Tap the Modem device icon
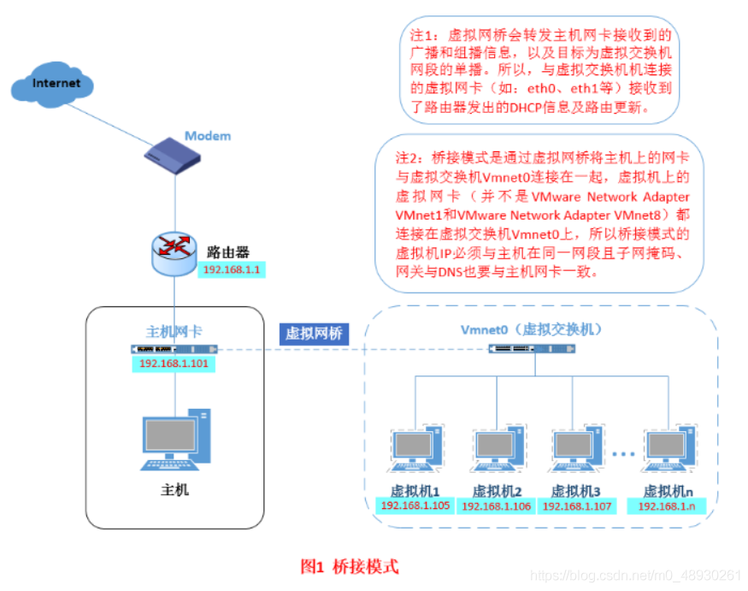click(174, 159)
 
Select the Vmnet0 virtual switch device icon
click(521, 349)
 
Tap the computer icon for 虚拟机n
click(669, 454)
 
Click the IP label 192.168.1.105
click(415, 505)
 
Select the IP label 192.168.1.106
click(496, 506)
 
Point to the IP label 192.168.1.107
click(576, 506)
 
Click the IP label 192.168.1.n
click(668, 506)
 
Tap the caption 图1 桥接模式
click(350, 566)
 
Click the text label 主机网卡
click(174, 332)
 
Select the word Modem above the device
click(208, 136)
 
